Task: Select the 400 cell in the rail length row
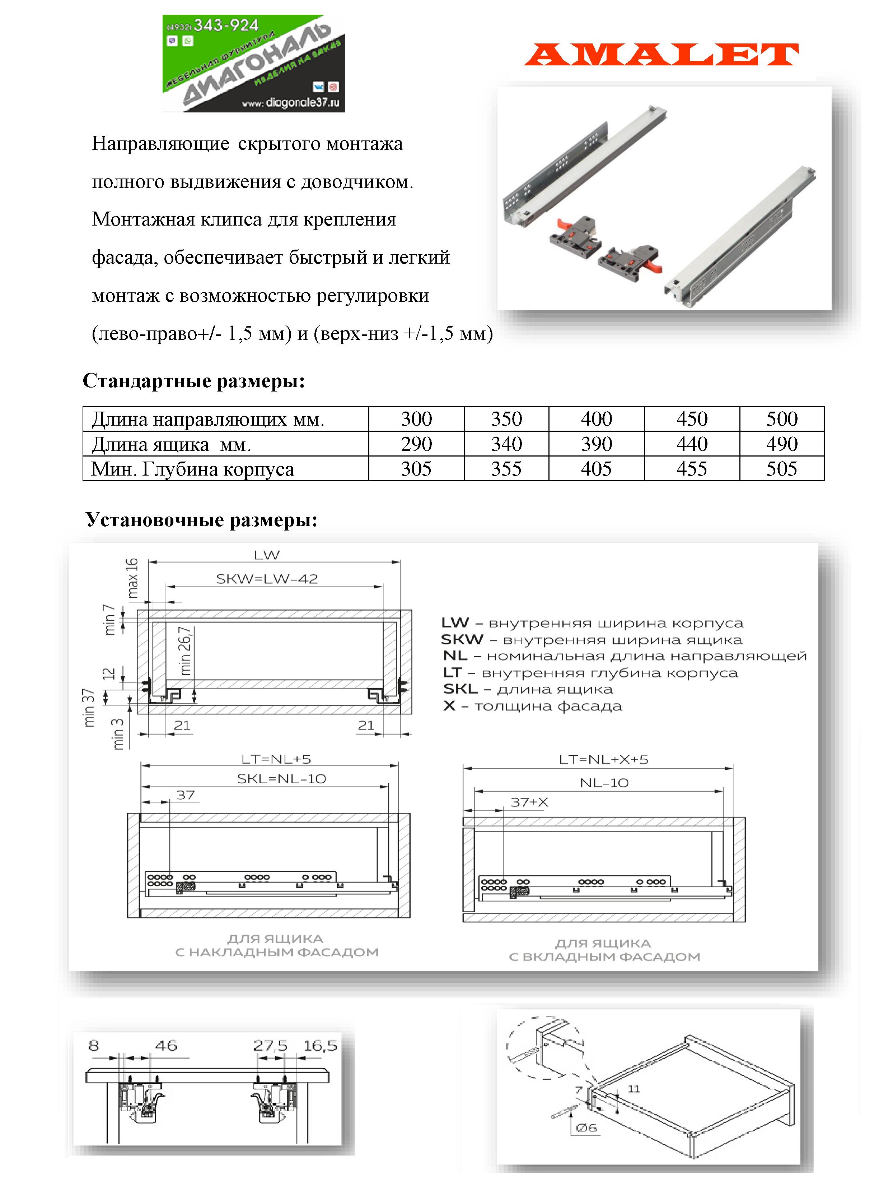click(596, 419)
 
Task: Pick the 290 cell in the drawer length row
click(416, 444)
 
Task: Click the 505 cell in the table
click(782, 468)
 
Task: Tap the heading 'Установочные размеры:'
click(202, 520)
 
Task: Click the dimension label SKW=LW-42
click(267, 579)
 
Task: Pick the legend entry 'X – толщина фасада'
click(532, 706)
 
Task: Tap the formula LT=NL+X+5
click(603, 759)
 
